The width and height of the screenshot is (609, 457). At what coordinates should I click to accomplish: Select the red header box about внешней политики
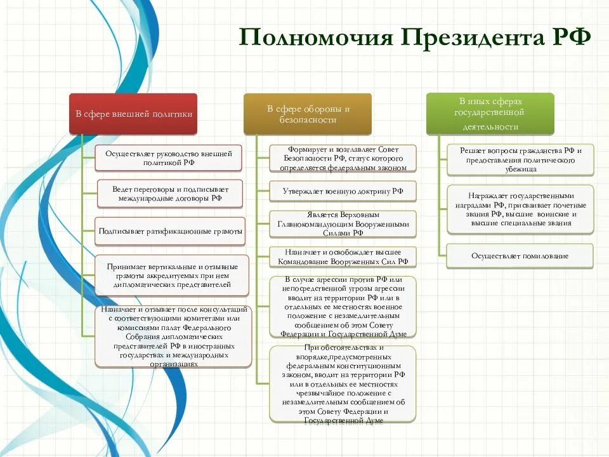[x=133, y=114]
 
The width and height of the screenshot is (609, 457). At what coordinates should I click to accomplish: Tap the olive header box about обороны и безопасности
[x=308, y=114]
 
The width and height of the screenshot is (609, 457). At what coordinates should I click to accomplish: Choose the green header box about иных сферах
[x=490, y=114]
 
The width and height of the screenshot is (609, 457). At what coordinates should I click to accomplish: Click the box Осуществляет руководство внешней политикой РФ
[x=169, y=158]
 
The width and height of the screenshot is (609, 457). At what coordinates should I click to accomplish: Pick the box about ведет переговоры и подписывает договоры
[x=170, y=194]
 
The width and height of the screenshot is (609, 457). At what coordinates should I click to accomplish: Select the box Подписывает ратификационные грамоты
[x=170, y=231]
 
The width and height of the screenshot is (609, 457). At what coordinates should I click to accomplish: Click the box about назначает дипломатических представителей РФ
[x=173, y=336]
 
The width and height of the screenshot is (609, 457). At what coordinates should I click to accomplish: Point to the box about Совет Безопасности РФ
[x=343, y=158]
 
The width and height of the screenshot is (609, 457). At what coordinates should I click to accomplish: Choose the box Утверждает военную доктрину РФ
[x=343, y=191]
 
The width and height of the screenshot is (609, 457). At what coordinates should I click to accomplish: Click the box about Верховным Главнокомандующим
[x=343, y=224]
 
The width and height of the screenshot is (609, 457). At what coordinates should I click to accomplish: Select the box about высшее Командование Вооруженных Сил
[x=343, y=256]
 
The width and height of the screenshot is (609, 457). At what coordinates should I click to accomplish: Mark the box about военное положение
[x=343, y=307]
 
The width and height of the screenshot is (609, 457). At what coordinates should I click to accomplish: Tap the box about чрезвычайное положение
[x=343, y=384]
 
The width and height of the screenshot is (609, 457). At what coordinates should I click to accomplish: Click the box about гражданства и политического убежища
[x=520, y=160]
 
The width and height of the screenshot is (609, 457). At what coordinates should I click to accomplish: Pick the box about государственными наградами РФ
[x=520, y=209]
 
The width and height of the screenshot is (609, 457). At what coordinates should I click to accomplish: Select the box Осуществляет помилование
[x=520, y=256]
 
